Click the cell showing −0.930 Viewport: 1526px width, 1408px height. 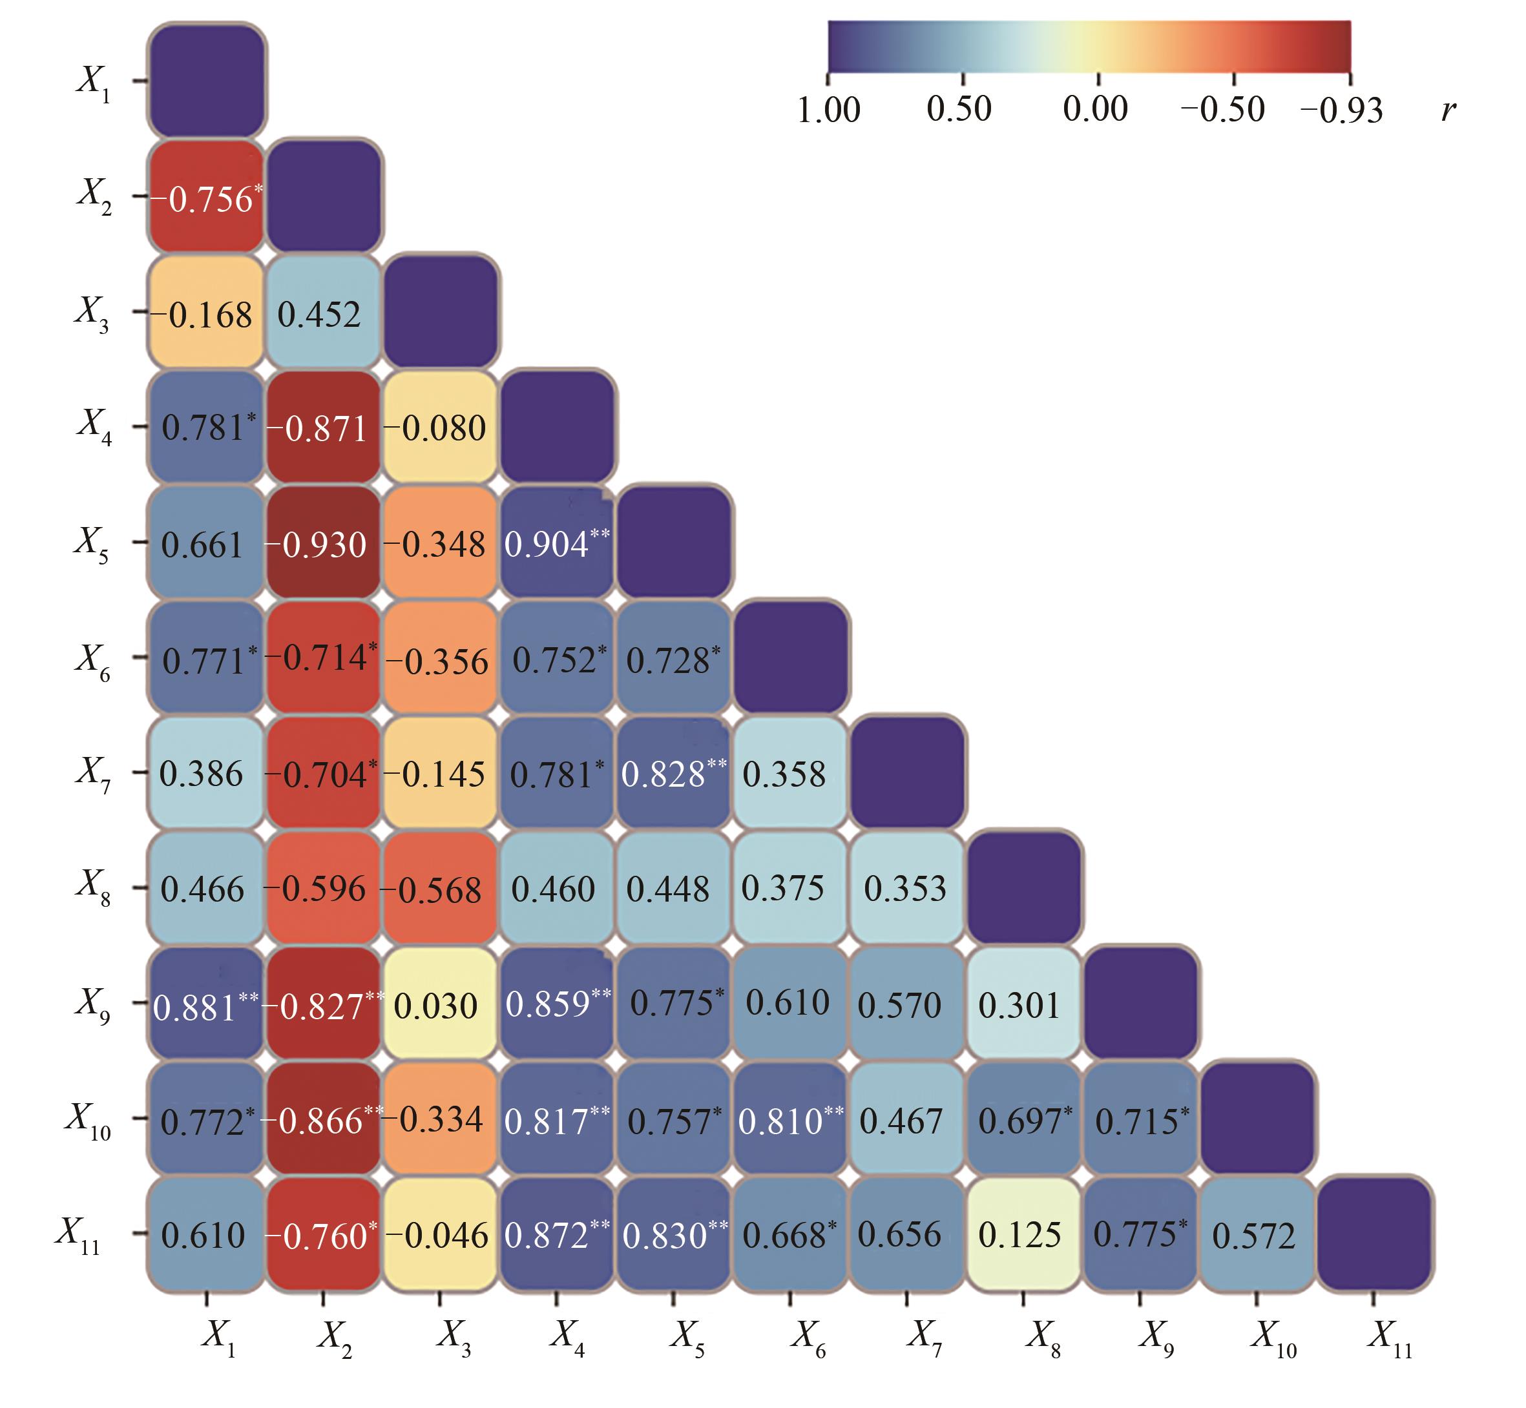(323, 544)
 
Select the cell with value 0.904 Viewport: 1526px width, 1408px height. (556, 544)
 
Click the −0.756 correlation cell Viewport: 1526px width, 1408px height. (207, 198)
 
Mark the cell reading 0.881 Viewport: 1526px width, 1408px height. (207, 1005)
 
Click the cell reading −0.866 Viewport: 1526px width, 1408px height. (323, 1120)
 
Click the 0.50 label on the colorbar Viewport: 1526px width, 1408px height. (959, 110)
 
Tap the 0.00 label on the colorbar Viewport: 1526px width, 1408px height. (1095, 110)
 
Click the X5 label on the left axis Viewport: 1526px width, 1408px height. (92, 543)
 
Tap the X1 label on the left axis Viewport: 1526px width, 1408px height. (94, 81)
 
